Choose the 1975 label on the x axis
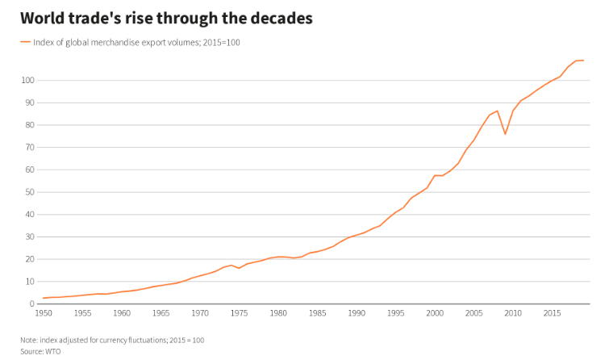[239, 313]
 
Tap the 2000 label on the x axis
[435, 313]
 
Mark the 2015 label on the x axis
[552, 313]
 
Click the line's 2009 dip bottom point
[505, 134]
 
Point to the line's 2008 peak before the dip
[498, 111]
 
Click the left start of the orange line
[43, 299]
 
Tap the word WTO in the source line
[53, 351]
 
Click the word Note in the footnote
[29, 340]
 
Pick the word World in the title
[42, 17]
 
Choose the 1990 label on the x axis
[357, 313]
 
